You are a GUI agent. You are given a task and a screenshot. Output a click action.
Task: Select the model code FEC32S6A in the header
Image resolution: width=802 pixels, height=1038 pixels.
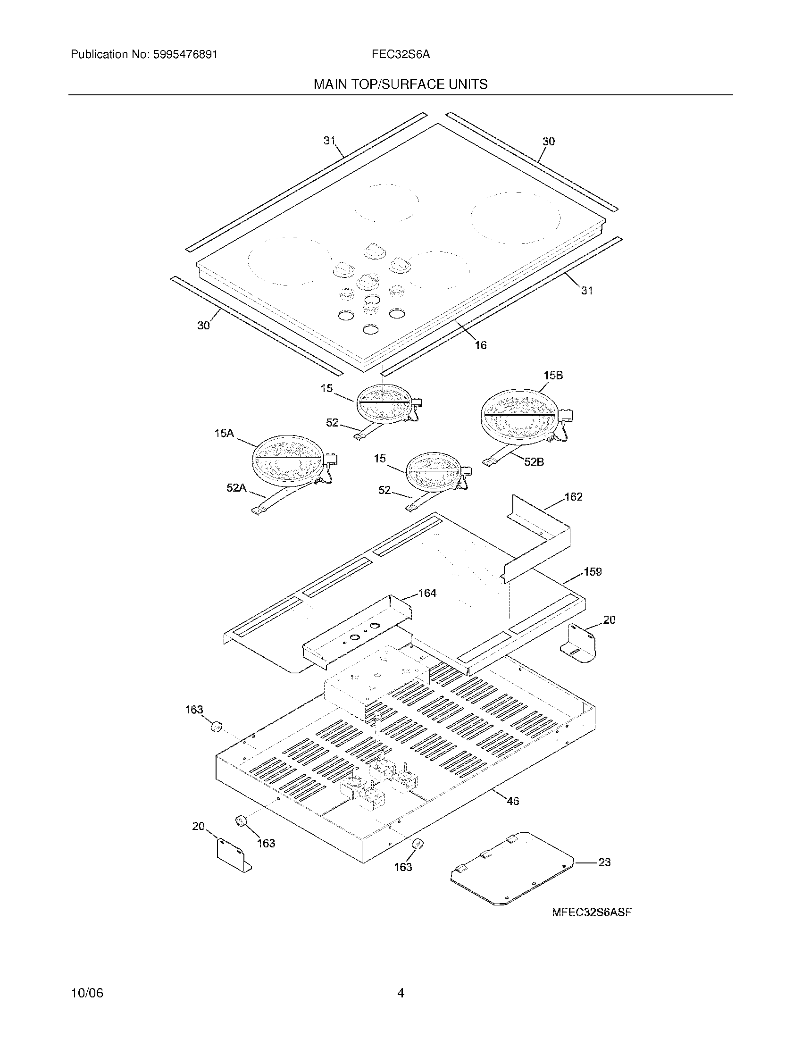pos(401,55)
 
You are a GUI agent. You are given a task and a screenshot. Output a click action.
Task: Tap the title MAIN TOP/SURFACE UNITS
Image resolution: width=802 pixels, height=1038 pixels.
pos(400,84)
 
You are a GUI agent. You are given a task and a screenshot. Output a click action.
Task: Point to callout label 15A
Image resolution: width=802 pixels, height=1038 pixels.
pos(224,434)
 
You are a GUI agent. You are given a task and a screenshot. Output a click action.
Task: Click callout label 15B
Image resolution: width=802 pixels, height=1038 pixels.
pos(553,376)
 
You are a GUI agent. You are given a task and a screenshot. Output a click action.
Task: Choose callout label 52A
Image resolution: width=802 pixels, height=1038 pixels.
pos(236,488)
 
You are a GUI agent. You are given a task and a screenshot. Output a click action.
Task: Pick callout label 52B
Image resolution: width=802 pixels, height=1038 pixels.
pos(534,461)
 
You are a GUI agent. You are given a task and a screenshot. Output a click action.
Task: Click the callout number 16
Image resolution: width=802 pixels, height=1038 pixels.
pos(481,345)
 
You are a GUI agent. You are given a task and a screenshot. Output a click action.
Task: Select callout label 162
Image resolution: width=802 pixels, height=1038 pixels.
pos(573,497)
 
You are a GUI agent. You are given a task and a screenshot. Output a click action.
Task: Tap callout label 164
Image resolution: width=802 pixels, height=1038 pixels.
pos(427,593)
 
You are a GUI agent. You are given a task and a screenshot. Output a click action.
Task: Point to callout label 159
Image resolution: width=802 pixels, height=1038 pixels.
pos(593,572)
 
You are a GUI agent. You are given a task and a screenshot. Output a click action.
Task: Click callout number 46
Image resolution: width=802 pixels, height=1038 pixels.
pos(513,801)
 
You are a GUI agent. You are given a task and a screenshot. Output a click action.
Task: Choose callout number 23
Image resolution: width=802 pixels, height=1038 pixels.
pos(604,862)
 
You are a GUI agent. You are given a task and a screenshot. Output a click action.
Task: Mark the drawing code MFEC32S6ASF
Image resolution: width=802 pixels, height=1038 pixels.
pos(592,912)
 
